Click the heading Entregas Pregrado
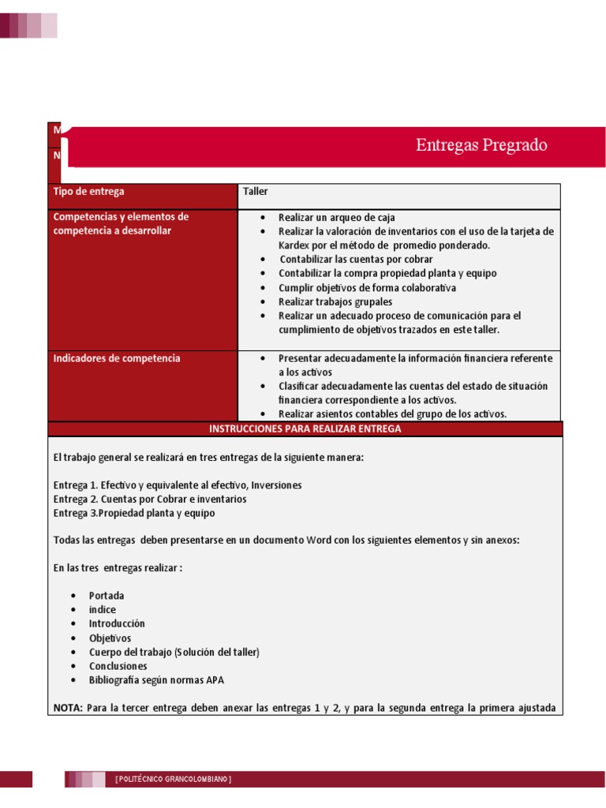click(481, 145)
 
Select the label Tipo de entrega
click(88, 192)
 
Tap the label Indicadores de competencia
click(116, 358)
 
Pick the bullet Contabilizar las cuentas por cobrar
click(356, 259)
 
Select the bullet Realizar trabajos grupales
click(335, 301)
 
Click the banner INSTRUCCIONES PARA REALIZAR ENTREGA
click(305, 429)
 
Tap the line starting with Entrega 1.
click(178, 485)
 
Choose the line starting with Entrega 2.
click(150, 499)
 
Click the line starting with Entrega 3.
click(134, 514)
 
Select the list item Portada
click(107, 596)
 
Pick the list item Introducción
click(117, 623)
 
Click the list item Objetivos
click(110, 638)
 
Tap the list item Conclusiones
click(118, 666)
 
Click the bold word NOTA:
click(68, 708)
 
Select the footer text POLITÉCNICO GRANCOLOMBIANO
click(173, 780)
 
